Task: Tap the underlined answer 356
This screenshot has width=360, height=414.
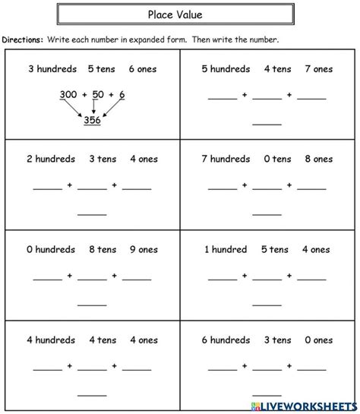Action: pos(91,121)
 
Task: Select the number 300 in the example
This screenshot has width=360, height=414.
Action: pos(67,94)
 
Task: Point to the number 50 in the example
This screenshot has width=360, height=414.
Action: pos(100,94)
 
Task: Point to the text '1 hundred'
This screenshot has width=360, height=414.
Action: pos(225,249)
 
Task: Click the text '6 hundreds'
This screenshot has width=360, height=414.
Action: pos(226,339)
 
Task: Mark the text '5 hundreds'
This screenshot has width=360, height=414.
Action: pos(226,69)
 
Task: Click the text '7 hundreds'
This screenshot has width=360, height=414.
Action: pos(226,159)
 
